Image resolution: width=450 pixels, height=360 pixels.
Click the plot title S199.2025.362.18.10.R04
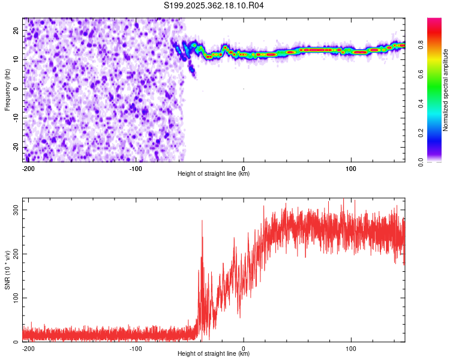coord(214,6)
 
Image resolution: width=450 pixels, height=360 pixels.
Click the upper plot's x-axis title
coord(214,174)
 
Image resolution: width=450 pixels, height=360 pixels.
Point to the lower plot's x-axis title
coord(214,354)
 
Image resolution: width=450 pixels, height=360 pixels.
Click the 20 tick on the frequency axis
coord(16,30)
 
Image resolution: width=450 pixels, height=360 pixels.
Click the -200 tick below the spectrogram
coord(28,168)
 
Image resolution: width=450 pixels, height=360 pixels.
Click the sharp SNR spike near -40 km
coord(202,221)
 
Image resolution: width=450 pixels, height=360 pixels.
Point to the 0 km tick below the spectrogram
coord(244,168)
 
